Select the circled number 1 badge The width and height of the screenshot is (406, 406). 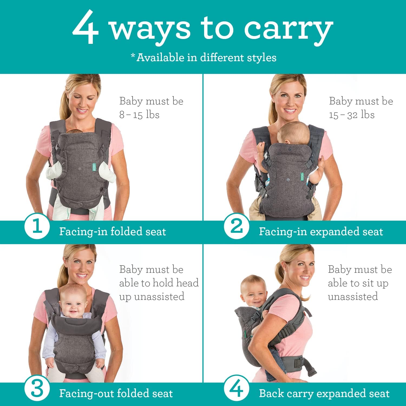point(37,227)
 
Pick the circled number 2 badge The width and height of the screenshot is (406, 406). point(237,227)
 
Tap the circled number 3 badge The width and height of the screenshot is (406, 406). point(37,389)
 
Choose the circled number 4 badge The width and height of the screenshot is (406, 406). point(237,389)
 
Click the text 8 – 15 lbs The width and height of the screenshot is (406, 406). point(139,115)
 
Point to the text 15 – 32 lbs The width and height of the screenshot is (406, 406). point(352,115)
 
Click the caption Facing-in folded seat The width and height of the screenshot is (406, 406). point(112,232)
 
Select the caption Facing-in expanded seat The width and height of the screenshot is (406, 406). point(321,232)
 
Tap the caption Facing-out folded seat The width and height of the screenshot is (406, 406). point(116,394)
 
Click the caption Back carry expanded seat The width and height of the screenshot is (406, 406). point(324,394)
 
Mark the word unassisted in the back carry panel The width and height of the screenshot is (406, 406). point(353,297)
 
